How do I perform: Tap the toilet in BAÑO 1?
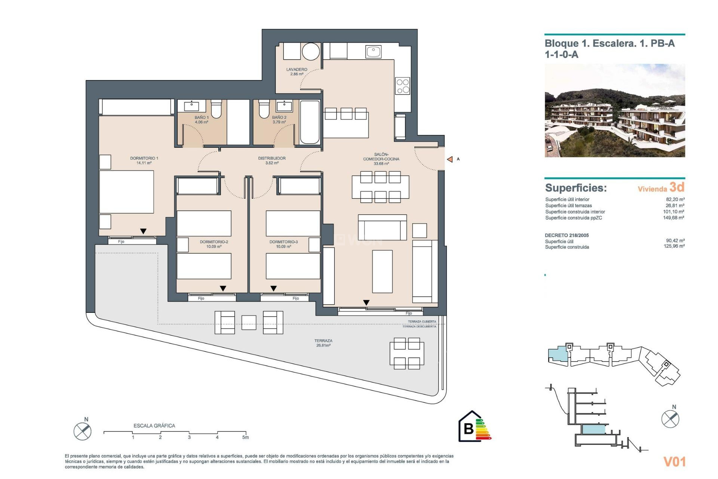tap(216, 109)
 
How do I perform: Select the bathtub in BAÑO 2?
tap(310, 122)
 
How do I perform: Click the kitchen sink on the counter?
tap(373, 52)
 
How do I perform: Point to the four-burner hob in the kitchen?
tap(403, 86)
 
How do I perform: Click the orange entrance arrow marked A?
tap(450, 159)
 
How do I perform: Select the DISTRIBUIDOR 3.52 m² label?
tap(272, 161)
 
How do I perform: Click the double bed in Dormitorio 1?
tap(127, 192)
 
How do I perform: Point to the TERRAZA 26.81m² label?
tap(323, 343)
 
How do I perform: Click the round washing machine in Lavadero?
tap(311, 52)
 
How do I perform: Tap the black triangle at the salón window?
tap(366, 302)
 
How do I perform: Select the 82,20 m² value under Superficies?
tap(675, 199)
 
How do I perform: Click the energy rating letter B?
tap(468, 428)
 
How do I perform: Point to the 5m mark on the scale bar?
tap(245, 437)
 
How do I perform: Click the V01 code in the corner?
tap(674, 462)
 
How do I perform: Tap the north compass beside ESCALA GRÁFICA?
tap(82, 431)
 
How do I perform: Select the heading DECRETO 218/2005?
tap(567, 235)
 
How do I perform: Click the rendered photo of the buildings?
tap(614, 110)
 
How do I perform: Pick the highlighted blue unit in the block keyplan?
tap(557, 354)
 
